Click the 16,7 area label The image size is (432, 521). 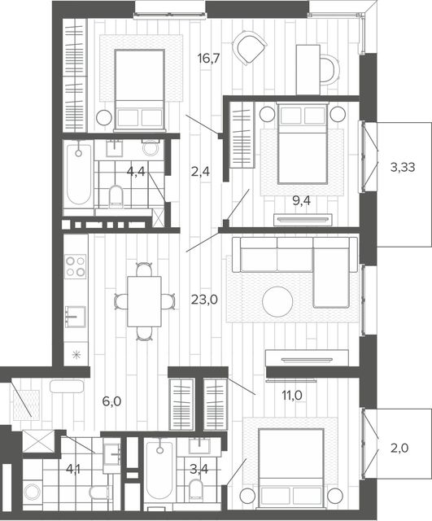tap(208, 59)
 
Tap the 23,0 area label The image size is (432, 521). tap(204, 300)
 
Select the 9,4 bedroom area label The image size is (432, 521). tap(301, 201)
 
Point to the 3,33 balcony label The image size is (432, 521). tap(403, 167)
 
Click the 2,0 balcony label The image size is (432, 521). tap(399, 449)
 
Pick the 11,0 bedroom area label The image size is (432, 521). tap(292, 396)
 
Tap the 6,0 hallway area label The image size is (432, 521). tap(112, 401)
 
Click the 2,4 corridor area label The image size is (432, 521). tap(201, 172)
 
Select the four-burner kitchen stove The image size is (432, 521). tap(76, 266)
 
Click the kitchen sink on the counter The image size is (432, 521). tap(76, 317)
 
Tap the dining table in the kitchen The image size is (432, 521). tap(145, 301)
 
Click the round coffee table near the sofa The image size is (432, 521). tap(277, 302)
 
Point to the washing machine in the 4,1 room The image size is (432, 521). tap(33, 492)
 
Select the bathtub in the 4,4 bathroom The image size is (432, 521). tap(78, 175)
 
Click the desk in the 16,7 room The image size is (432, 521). tap(308, 70)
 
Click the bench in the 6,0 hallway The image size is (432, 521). tap(67, 387)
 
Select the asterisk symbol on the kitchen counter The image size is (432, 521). tap(76, 355)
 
